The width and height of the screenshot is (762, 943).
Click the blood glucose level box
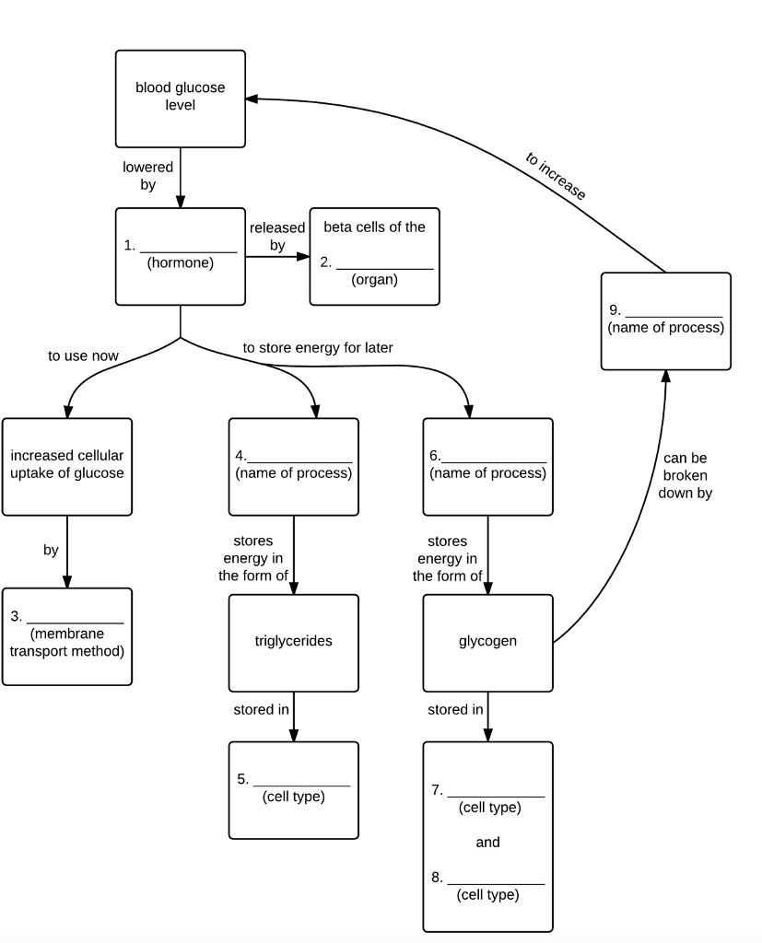coord(181,99)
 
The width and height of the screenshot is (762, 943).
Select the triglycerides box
coord(294,643)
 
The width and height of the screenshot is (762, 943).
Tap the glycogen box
coord(488,643)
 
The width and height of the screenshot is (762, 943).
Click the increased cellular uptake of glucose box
coord(67,467)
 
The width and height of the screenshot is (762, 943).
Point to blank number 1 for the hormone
coord(188,251)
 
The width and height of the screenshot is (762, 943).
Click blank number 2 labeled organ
coord(384,268)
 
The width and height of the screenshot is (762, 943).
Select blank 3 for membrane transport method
coord(76,623)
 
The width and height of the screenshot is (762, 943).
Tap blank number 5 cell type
coord(301,785)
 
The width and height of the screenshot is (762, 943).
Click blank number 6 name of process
coord(494,461)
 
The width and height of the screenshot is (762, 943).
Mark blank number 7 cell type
coord(496,796)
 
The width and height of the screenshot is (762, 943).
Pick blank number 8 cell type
coord(496,883)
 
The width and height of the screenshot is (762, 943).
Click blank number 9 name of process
coord(674,316)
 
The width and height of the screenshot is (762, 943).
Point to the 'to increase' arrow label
coord(556,176)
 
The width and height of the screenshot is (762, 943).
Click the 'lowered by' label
coord(148,176)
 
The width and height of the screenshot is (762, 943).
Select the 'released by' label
coord(277,237)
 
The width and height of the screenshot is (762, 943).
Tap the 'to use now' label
coord(83,356)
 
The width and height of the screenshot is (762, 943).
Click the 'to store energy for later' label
coord(318,347)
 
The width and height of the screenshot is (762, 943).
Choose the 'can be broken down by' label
coord(685,476)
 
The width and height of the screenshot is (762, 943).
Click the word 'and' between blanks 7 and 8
coord(488,842)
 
